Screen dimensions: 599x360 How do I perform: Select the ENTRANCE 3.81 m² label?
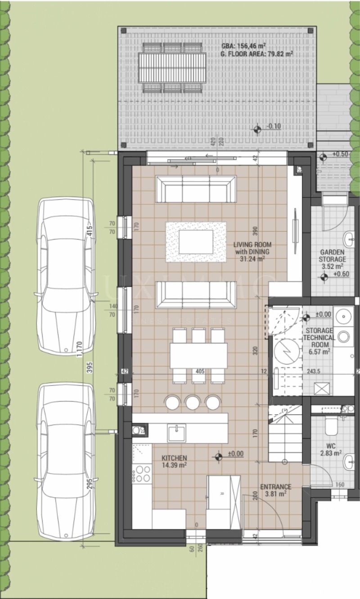pos(275,490)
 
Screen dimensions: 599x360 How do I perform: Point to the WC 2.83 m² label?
pos(333,450)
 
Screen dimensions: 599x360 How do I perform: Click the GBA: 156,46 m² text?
pos(243,46)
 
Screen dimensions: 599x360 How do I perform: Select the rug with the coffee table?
pos(196,242)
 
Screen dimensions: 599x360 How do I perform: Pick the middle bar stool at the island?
pos(193,402)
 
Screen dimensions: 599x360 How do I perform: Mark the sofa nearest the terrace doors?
pos(196,189)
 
